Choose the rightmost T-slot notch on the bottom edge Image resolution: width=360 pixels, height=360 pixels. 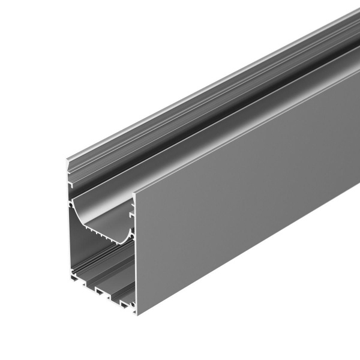tap(114, 301)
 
